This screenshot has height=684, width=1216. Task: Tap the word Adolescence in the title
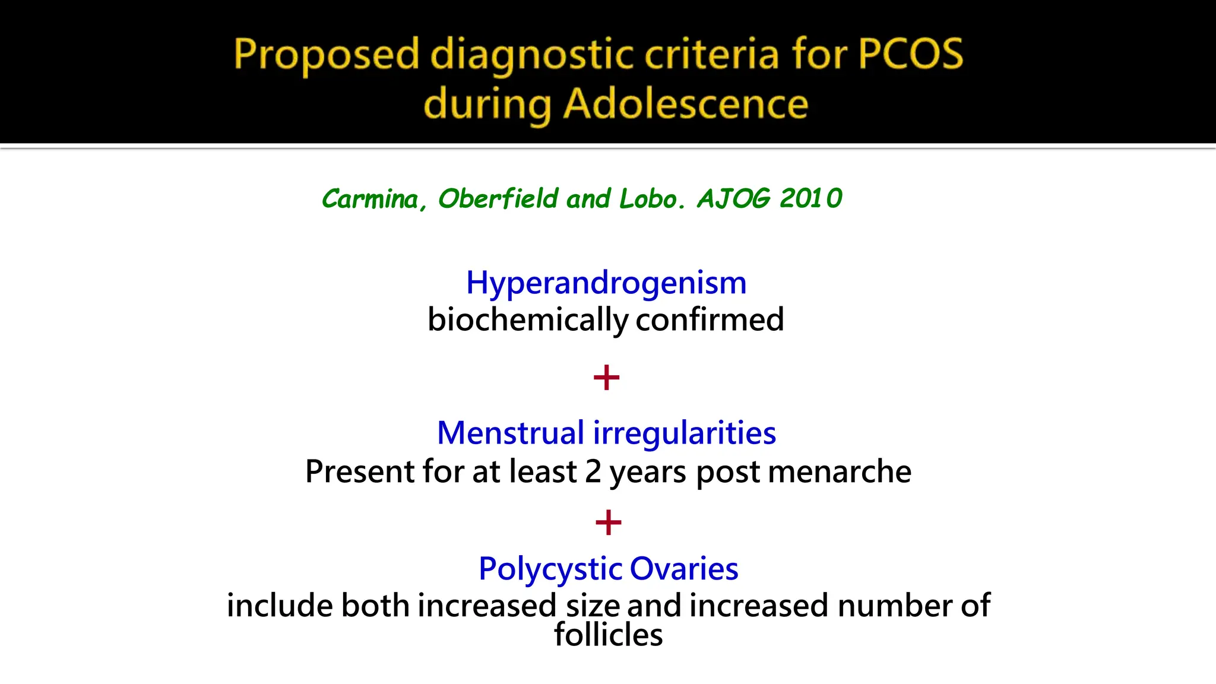(x=686, y=104)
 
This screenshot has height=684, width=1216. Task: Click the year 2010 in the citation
(x=810, y=198)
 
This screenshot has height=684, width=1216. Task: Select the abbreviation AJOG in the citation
(x=733, y=198)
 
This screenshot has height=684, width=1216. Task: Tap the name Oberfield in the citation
(x=498, y=198)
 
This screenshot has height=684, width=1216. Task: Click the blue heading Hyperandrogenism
(x=606, y=283)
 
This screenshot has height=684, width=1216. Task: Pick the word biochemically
(x=527, y=320)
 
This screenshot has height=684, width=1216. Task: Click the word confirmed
(x=710, y=319)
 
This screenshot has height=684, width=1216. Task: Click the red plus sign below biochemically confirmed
(x=606, y=378)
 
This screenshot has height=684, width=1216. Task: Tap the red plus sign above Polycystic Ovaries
(x=608, y=522)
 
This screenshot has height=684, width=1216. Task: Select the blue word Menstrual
(x=511, y=433)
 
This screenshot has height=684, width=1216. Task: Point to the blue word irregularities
(x=685, y=433)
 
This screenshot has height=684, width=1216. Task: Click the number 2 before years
(x=593, y=471)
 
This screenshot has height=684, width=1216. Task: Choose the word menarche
(x=840, y=471)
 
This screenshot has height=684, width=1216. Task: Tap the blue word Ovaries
(x=684, y=569)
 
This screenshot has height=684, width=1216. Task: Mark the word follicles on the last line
(x=608, y=635)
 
